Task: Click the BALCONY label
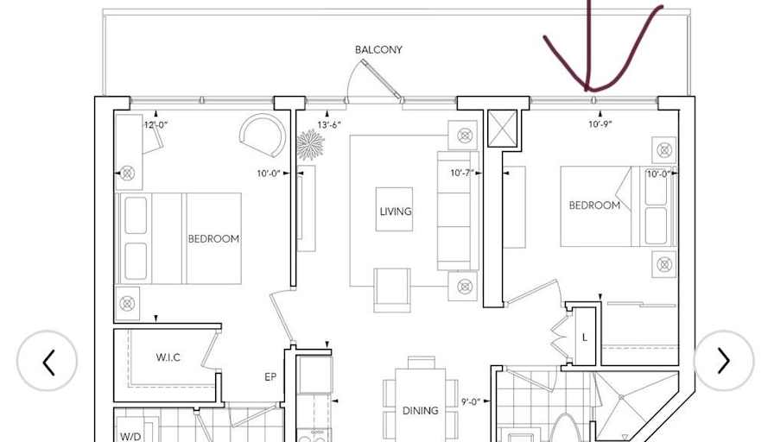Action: pyautogui.click(x=378, y=50)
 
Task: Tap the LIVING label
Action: pyautogui.click(x=395, y=212)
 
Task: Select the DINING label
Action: pyautogui.click(x=420, y=411)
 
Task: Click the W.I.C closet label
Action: pyautogui.click(x=168, y=357)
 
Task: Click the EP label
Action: pyautogui.click(x=270, y=377)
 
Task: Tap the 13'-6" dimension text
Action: pyautogui.click(x=329, y=125)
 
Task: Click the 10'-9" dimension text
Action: pyautogui.click(x=600, y=125)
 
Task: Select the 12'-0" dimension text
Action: pyautogui.click(x=155, y=125)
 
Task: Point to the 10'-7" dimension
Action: pyautogui.click(x=462, y=174)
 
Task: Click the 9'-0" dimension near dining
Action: pyautogui.click(x=471, y=401)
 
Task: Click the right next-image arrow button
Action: pyautogui.click(x=724, y=361)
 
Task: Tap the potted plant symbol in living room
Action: pyautogui.click(x=310, y=145)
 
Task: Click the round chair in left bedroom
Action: pyautogui.click(x=262, y=136)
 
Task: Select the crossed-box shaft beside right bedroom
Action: pyautogui.click(x=501, y=128)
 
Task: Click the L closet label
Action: pyautogui.click(x=584, y=338)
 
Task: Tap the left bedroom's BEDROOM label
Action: pyautogui.click(x=213, y=239)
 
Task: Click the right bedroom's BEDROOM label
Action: pyautogui.click(x=594, y=205)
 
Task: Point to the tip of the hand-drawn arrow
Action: pyautogui.click(x=588, y=89)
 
